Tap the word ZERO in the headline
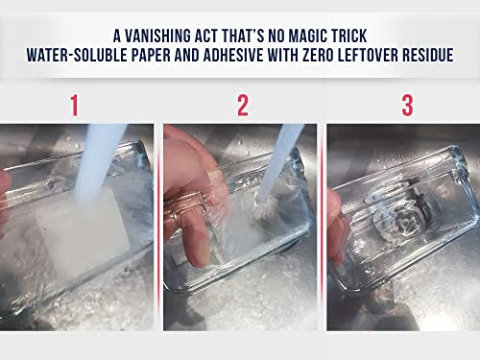coord(338,57)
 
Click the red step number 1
coord(74,106)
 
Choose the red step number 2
coord(242,106)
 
